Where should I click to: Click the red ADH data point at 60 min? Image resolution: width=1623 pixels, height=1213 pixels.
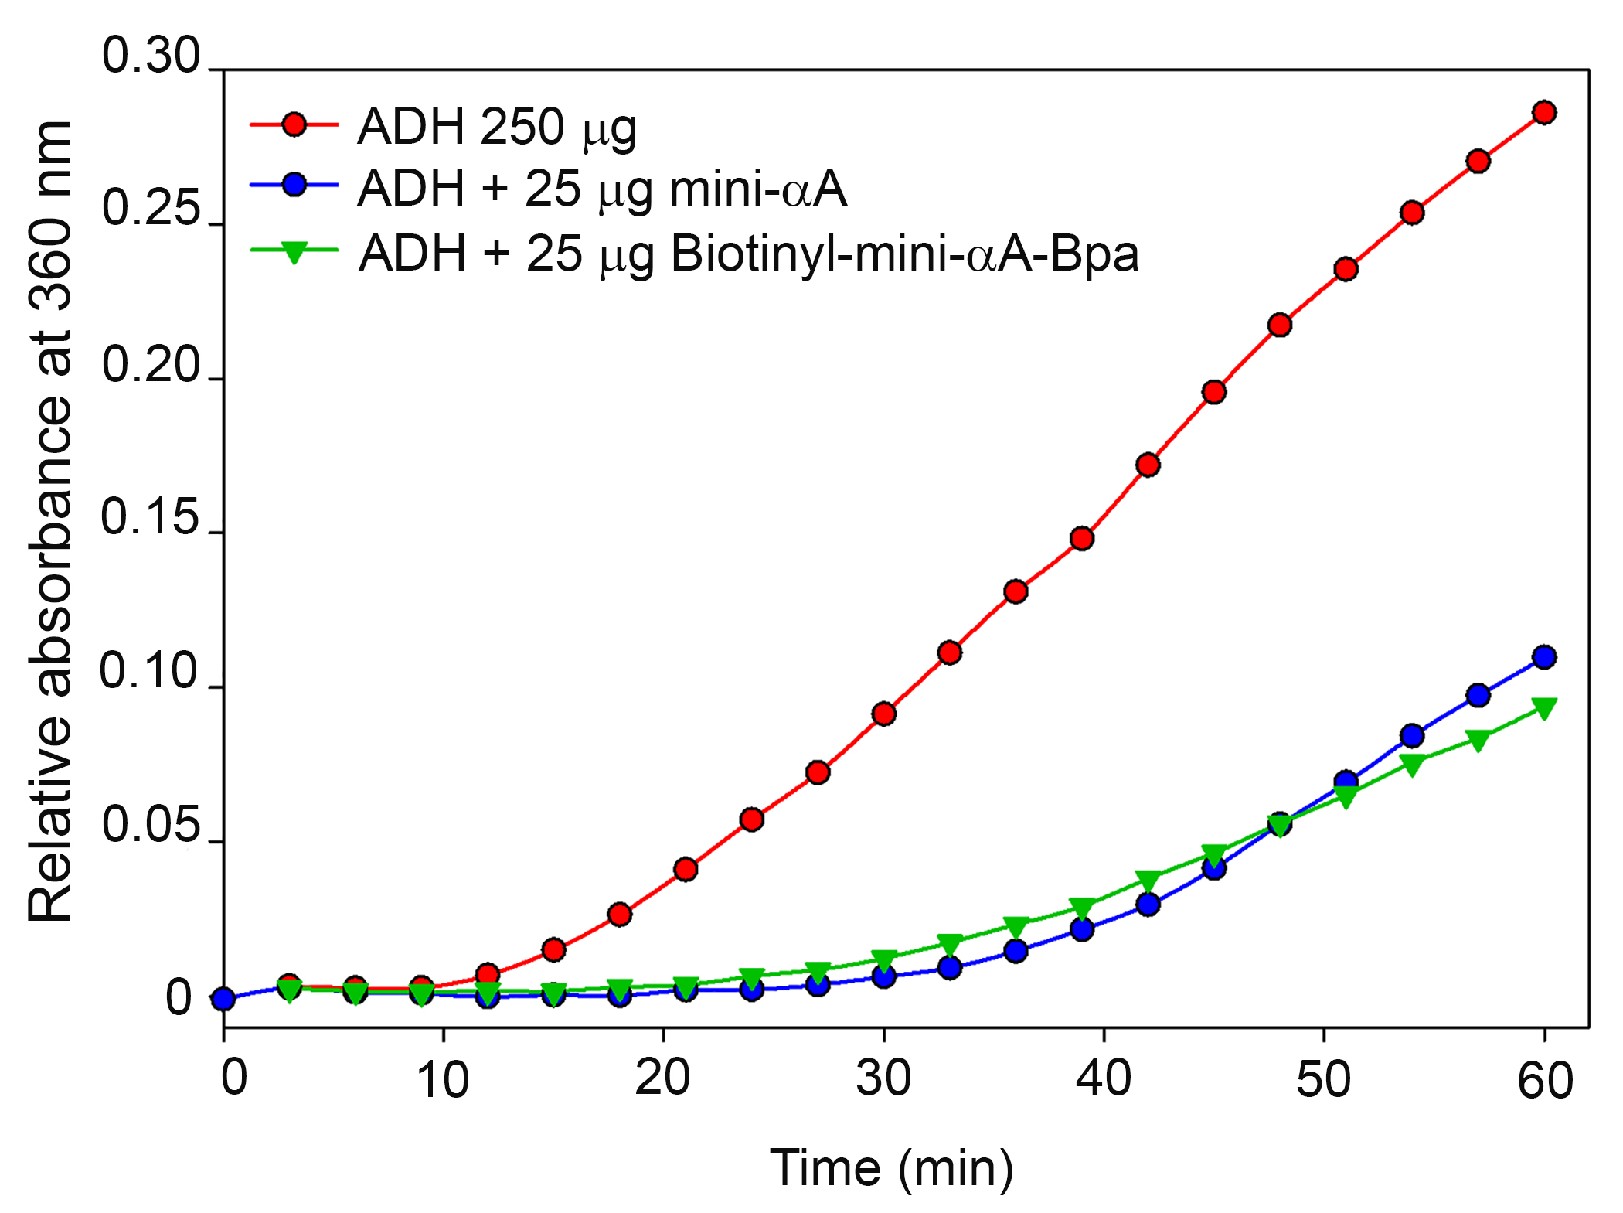point(1543,113)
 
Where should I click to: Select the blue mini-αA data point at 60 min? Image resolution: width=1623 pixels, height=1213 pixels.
point(1543,657)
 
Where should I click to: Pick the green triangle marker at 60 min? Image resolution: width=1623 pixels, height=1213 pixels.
point(1543,707)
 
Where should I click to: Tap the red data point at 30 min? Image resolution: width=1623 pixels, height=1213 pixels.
point(883,714)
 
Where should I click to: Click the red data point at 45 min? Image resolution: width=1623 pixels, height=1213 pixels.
point(1213,392)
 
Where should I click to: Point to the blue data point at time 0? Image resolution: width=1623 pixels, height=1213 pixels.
point(223,999)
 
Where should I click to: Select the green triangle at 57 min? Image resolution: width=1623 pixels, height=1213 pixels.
point(1478,741)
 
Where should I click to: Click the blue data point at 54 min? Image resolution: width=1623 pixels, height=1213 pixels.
point(1412,735)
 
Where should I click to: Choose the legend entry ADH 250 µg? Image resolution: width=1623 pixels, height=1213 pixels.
point(497,126)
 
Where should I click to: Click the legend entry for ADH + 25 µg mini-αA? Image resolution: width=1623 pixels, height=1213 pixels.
point(602,189)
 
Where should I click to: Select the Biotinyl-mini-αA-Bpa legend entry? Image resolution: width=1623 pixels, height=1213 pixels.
point(748,253)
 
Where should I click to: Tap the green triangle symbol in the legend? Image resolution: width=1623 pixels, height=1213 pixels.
point(294,252)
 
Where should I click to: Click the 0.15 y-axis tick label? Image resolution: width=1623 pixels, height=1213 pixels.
point(151,517)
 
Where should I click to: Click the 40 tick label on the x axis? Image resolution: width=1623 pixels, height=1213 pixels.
point(1103,1078)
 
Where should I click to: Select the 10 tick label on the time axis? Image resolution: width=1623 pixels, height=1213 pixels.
point(442,1080)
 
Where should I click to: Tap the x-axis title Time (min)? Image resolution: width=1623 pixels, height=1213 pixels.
point(891,1167)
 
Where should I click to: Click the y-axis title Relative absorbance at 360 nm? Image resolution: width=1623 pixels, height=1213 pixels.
point(51,521)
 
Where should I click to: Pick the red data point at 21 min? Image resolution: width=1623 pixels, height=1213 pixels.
point(686,870)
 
